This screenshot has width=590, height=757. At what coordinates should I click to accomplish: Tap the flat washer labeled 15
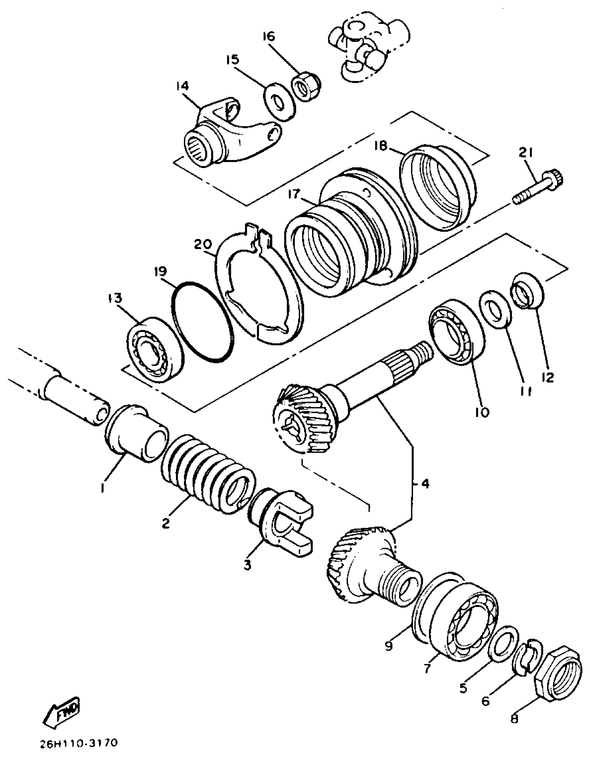click(280, 102)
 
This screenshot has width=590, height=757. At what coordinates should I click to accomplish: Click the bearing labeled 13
click(154, 350)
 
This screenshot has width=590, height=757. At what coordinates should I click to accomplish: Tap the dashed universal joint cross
click(368, 49)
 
